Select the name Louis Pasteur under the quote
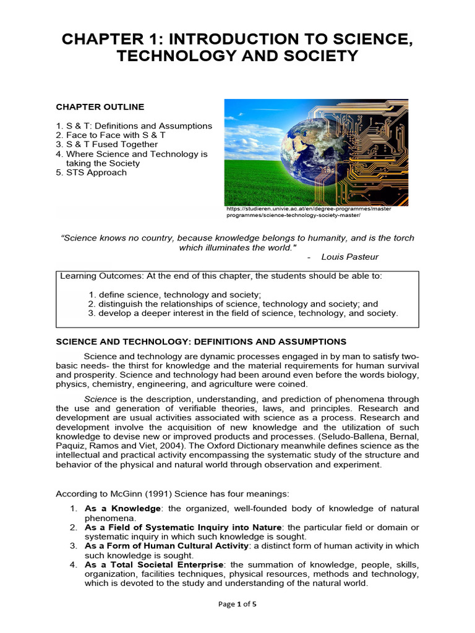pyautogui.click(x=350, y=257)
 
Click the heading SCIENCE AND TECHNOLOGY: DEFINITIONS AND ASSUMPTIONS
pyautogui.click(x=201, y=342)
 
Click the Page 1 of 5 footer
pyautogui.click(x=237, y=605)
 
